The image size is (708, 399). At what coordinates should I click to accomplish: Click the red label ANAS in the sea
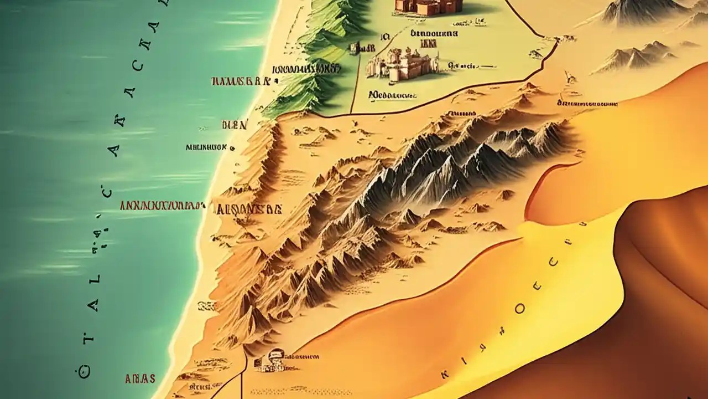tap(140, 378)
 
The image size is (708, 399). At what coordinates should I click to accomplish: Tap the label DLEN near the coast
tap(234, 125)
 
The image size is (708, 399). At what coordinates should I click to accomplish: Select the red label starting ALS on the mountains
tap(249, 209)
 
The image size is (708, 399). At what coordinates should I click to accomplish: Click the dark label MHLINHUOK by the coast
tap(206, 148)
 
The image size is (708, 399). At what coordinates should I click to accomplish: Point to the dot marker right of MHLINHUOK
tap(232, 149)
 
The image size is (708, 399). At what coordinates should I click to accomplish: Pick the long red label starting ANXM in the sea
tap(159, 206)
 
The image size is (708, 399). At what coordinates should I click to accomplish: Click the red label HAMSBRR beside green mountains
tap(240, 81)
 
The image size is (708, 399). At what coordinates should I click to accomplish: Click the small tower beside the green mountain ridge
tap(355, 49)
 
